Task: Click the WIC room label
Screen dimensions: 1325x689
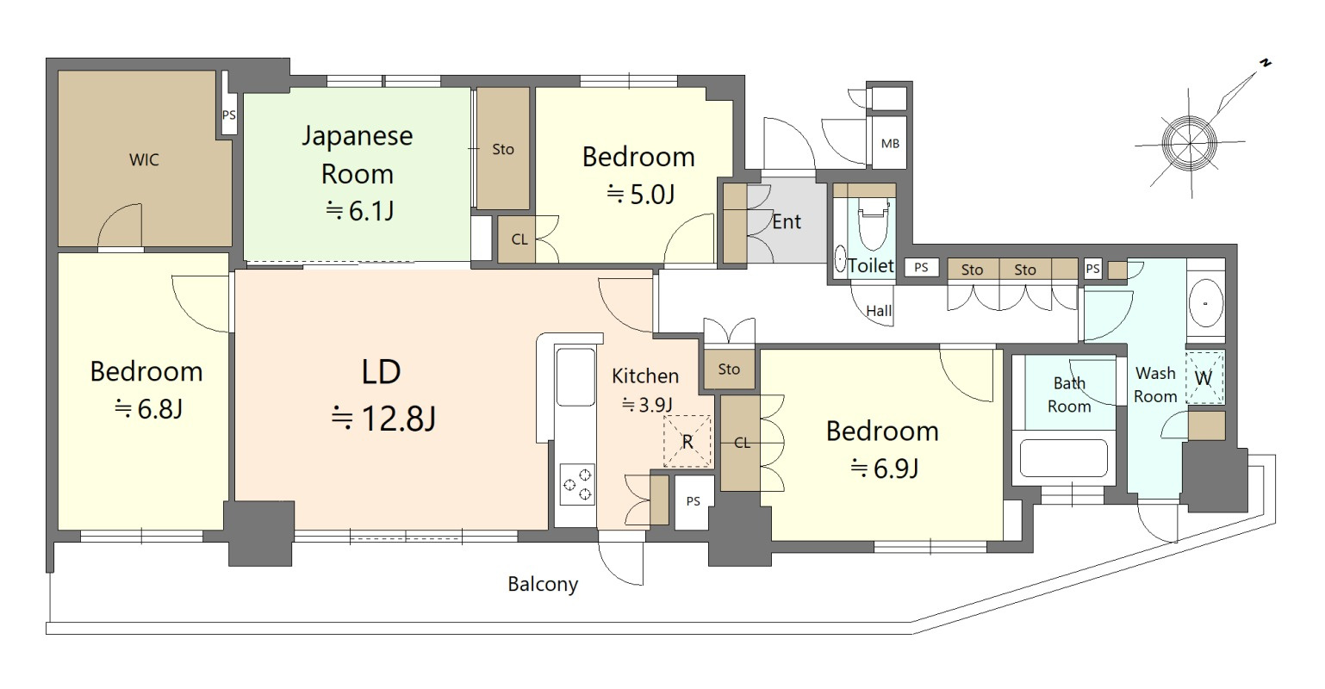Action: tap(145, 159)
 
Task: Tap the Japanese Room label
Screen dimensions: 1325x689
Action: tap(358, 155)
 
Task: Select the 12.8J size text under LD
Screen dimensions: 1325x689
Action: tap(384, 419)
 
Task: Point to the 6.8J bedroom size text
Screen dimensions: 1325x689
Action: tap(148, 409)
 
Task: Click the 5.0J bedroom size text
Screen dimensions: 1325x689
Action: tap(641, 194)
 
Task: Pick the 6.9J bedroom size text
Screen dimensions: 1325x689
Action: tap(884, 469)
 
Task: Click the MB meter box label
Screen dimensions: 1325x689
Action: tap(890, 144)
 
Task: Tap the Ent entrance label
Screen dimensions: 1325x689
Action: tap(787, 222)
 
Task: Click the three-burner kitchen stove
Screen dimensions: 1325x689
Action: tap(577, 484)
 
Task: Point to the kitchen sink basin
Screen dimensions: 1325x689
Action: tap(575, 376)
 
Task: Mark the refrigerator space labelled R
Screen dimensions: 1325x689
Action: tap(687, 441)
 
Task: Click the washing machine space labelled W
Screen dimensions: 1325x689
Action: tap(1204, 378)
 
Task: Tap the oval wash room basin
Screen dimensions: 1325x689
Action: tap(1205, 304)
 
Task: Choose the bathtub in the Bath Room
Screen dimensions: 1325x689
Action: tap(1064, 458)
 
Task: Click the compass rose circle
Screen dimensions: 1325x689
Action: tap(1189, 143)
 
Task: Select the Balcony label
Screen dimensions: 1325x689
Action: tap(543, 584)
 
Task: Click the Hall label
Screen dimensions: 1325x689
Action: tap(879, 311)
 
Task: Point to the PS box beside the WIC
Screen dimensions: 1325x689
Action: tap(229, 115)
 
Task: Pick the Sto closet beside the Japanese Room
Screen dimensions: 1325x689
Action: tap(503, 149)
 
